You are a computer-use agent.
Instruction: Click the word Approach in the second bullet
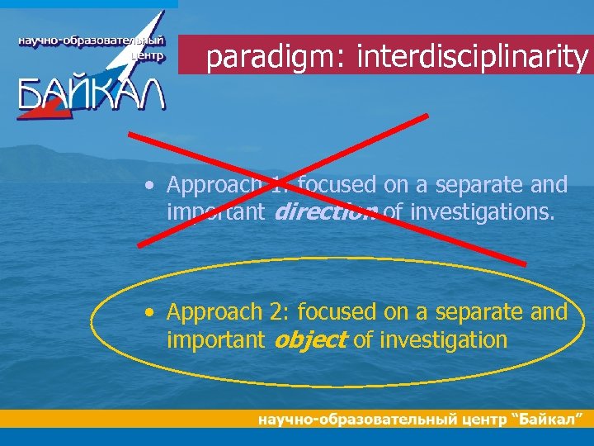point(213,312)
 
